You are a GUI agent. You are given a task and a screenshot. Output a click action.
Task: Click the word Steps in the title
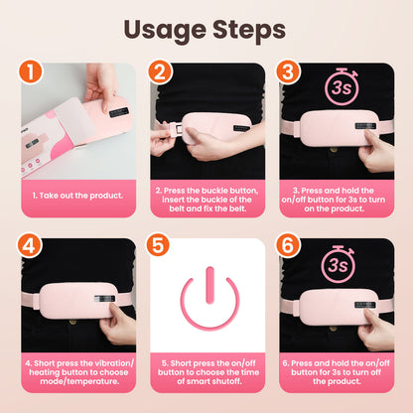[260, 30]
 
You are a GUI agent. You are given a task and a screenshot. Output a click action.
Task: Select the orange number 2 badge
[160, 73]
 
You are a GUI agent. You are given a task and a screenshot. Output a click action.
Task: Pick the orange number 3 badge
[289, 73]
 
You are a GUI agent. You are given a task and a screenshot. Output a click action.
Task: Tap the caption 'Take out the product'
[78, 196]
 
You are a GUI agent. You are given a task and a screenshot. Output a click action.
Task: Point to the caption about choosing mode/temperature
[78, 370]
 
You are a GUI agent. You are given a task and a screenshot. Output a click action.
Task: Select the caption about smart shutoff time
[207, 370]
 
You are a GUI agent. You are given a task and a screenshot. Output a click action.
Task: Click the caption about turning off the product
[337, 370]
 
